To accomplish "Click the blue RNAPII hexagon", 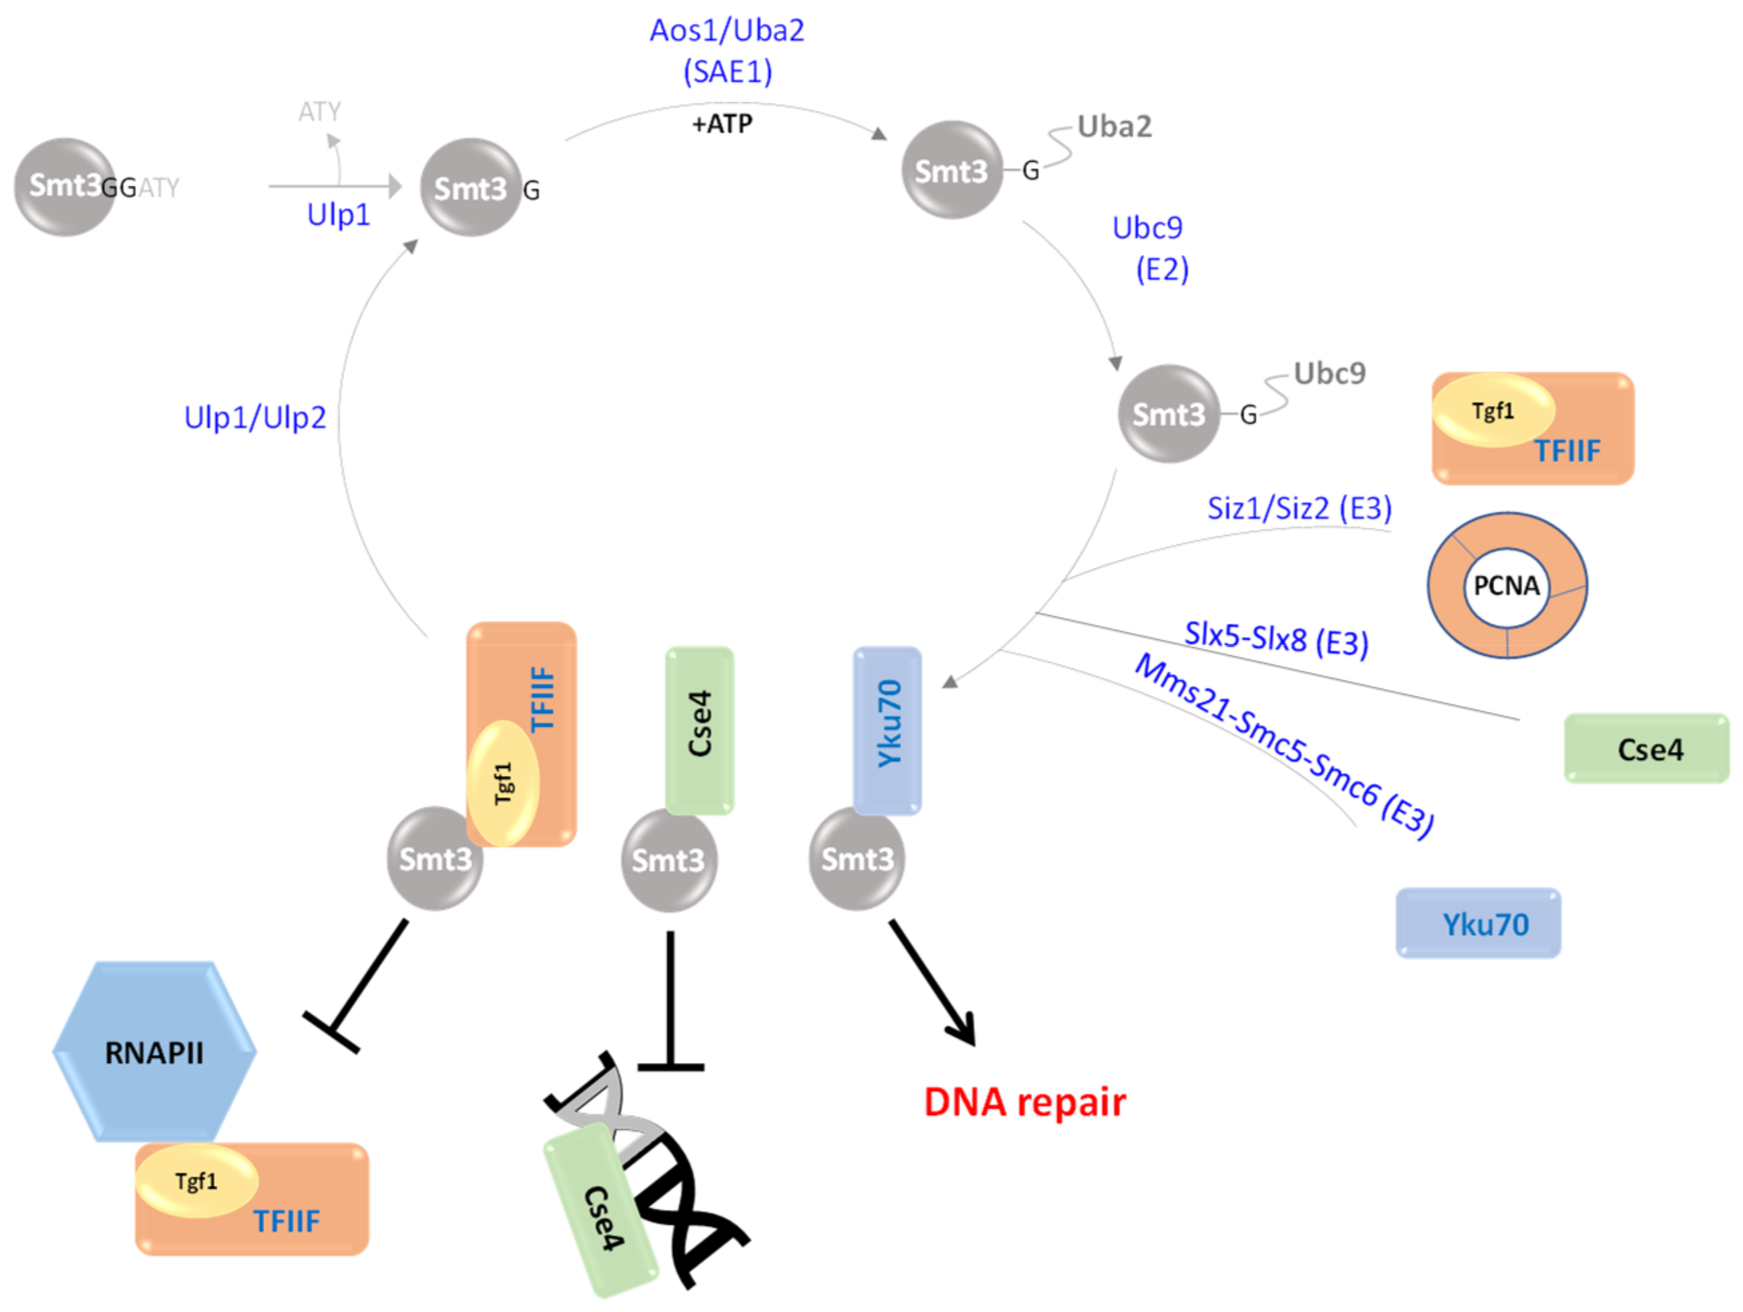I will (154, 1052).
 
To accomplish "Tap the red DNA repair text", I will (1024, 1102).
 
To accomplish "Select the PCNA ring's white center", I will (1507, 586).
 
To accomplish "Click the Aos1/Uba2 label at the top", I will (727, 31).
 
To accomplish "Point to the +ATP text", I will (722, 124).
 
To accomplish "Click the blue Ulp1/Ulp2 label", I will (254, 417).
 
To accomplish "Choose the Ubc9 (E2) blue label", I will (1149, 248).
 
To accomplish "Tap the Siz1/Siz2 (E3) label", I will (1300, 508).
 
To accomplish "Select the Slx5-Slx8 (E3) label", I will (1276, 638).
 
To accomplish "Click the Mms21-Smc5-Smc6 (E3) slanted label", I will (1284, 744).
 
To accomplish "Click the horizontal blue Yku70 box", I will (1479, 923).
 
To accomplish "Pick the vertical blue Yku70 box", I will (888, 730).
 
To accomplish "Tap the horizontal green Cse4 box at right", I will (1647, 748).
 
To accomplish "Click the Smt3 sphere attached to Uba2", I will (951, 170).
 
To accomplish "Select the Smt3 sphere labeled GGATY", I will (65, 187).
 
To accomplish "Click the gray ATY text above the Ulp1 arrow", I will (319, 112).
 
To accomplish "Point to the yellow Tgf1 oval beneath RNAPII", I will (196, 1180).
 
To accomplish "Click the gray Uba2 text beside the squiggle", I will (1114, 126).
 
